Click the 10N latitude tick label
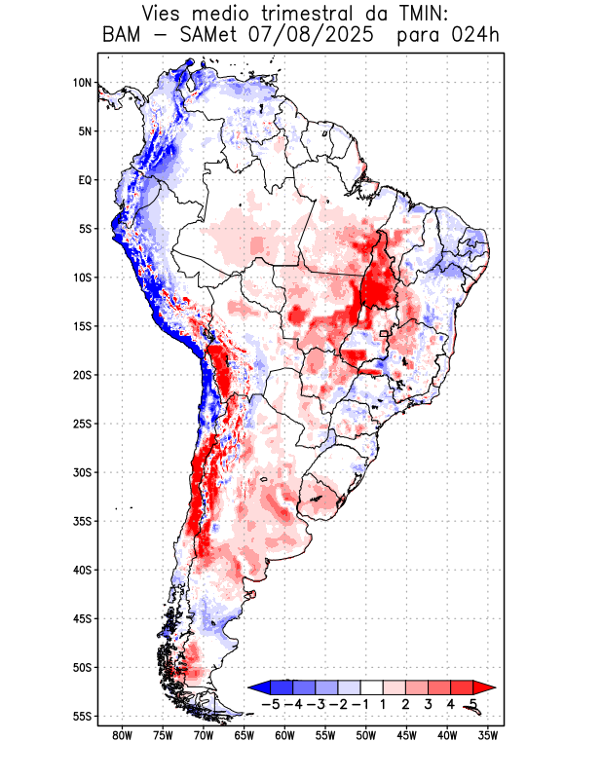coord(82,83)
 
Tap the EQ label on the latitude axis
coord(85,180)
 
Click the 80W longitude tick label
coord(122,735)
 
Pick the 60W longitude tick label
coord(284,735)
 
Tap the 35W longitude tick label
coord(488,735)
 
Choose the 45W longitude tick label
coord(407,735)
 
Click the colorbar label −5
coord(271,704)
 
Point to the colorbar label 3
coord(429,704)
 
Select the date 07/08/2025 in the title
coord(311,36)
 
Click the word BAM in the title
coord(121,36)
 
